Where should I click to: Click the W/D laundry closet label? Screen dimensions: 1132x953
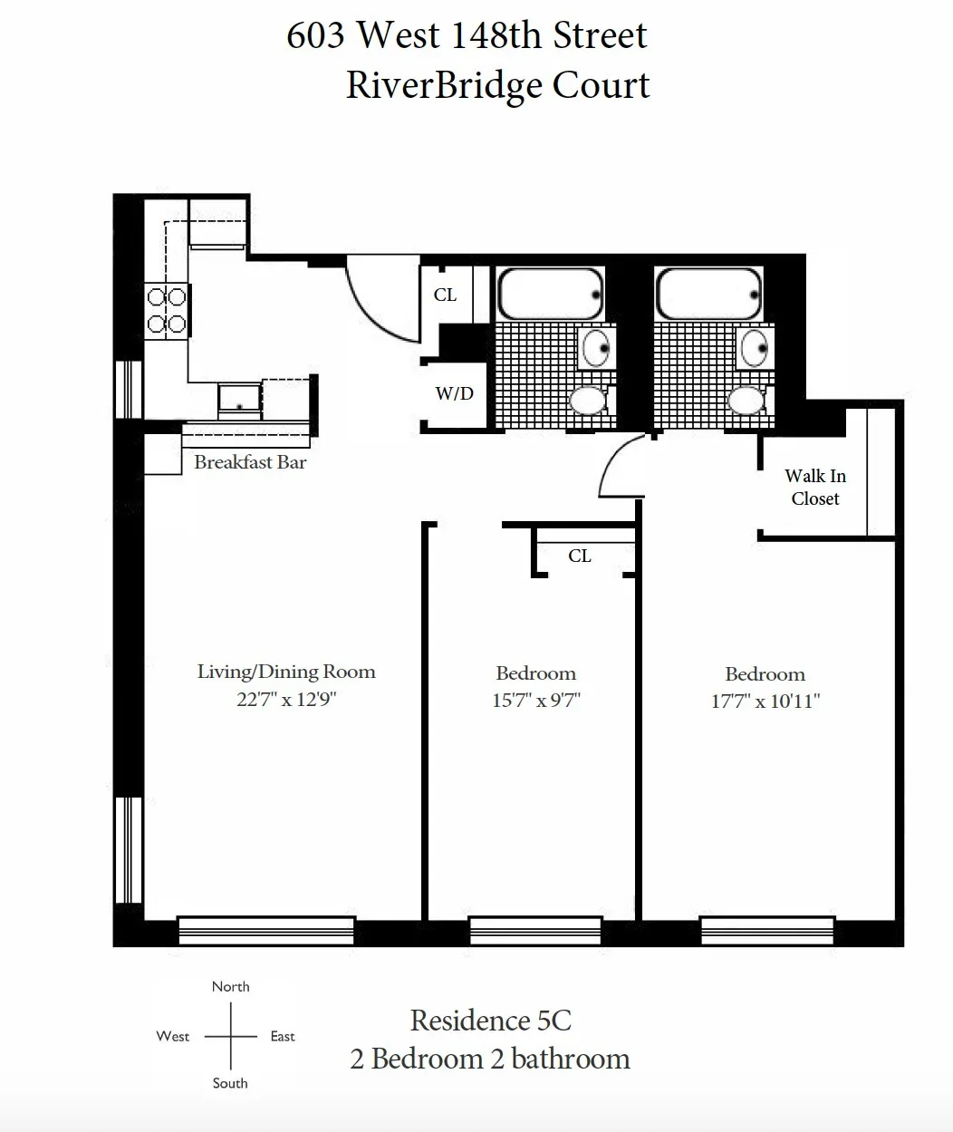[x=454, y=393]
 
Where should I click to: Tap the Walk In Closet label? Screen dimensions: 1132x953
[x=814, y=487]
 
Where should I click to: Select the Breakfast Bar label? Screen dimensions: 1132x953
[x=250, y=462]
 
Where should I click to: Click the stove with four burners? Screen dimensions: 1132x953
[x=166, y=310]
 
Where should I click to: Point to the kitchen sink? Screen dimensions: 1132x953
[x=239, y=398]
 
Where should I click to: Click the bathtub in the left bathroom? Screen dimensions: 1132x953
[x=550, y=294]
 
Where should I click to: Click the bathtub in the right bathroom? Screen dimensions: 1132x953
[x=708, y=294]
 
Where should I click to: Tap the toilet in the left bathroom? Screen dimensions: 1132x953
[x=588, y=400]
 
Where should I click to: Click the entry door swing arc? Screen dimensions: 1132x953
[x=380, y=299]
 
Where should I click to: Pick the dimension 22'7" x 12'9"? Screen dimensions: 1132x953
[x=286, y=700]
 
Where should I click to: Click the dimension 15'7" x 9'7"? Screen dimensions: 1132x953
[x=535, y=701]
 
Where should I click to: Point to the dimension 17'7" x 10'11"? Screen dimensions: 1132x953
[x=765, y=701]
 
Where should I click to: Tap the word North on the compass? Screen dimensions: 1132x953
[x=230, y=986]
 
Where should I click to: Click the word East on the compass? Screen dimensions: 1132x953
[x=283, y=1036]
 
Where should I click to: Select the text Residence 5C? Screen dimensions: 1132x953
[x=490, y=1021]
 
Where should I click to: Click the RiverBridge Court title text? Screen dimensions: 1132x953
[x=497, y=85]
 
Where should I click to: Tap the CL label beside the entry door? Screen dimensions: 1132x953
[x=445, y=295]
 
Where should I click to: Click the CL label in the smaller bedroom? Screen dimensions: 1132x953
[x=580, y=556]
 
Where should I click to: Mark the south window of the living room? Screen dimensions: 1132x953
[x=265, y=931]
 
